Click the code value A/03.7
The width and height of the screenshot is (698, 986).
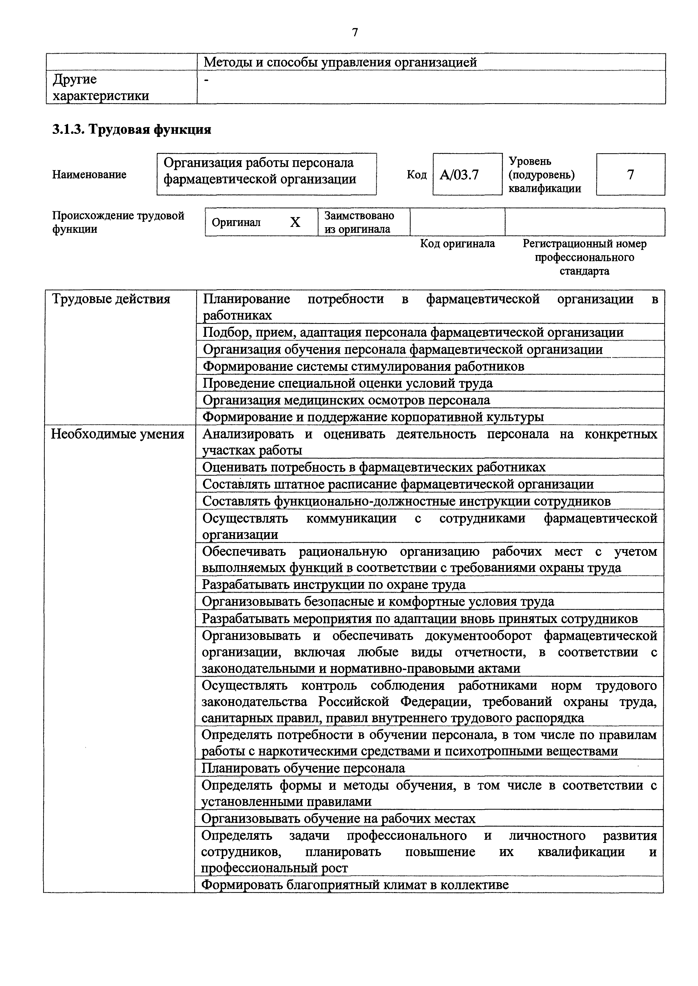click(459, 175)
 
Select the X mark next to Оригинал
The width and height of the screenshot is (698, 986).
click(295, 222)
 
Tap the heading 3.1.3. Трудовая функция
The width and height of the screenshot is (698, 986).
click(131, 129)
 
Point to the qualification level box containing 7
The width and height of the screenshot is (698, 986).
click(630, 174)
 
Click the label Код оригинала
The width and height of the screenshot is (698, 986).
click(457, 243)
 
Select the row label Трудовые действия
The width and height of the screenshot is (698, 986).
click(111, 299)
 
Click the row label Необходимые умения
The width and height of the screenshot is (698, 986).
click(117, 434)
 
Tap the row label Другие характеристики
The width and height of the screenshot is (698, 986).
click(100, 87)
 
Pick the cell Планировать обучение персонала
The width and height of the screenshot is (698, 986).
click(303, 768)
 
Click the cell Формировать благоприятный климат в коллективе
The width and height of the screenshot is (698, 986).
click(355, 885)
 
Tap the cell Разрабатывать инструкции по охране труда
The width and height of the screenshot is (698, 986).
click(334, 585)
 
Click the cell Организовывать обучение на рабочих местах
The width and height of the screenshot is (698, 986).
click(338, 818)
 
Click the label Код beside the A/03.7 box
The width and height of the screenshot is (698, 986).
click(417, 175)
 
